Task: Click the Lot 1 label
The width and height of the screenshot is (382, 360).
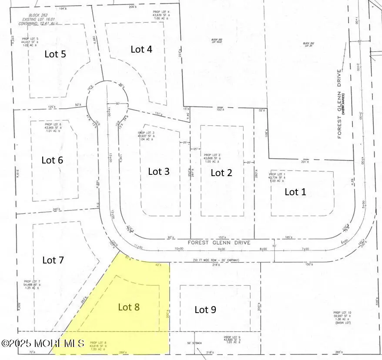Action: pyautogui.click(x=295, y=191)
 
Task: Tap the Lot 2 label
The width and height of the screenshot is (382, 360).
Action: pyautogui.click(x=221, y=173)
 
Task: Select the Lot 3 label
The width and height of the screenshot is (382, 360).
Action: pyautogui.click(x=159, y=171)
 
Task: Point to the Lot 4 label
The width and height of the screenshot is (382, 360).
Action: pyautogui.click(x=141, y=49)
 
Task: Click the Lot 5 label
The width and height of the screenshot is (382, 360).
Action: pyautogui.click(x=56, y=54)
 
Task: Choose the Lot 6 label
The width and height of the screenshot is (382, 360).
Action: pyautogui.click(x=52, y=160)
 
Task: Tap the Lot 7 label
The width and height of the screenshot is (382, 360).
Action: pyautogui.click(x=53, y=260)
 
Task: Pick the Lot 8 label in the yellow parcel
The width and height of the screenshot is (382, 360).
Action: pyautogui.click(x=129, y=307)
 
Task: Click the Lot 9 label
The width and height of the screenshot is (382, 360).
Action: pyautogui.click(x=205, y=310)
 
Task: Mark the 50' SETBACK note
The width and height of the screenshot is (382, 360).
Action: pyautogui.click(x=194, y=343)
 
